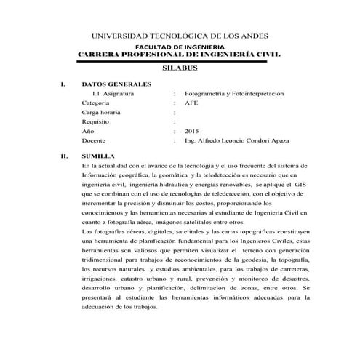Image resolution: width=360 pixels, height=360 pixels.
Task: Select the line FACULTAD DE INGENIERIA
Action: tap(179, 46)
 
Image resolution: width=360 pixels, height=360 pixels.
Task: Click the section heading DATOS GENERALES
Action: tap(117, 84)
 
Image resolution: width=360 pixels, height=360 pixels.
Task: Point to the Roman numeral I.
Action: tap(63, 84)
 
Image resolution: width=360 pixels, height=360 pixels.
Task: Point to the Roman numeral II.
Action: tap(64, 156)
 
